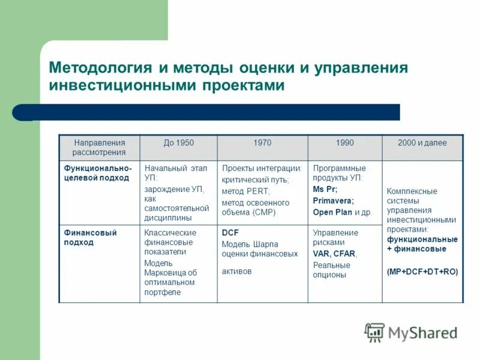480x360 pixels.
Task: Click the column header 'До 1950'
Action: (x=178, y=143)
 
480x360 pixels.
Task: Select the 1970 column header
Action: (x=262, y=143)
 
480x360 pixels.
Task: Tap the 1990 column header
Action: (x=345, y=143)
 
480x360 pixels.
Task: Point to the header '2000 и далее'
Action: (x=422, y=143)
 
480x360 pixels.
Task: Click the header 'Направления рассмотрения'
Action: (x=100, y=148)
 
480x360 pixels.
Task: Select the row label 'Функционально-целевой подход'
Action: (x=98, y=173)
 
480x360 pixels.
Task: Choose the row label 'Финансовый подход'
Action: (x=90, y=238)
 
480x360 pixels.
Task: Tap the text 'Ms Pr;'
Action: (x=325, y=189)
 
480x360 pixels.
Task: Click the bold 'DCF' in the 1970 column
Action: (x=230, y=233)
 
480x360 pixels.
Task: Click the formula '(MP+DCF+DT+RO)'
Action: (x=422, y=271)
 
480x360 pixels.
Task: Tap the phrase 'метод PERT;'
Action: (x=246, y=191)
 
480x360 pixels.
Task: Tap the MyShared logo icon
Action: (x=375, y=332)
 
